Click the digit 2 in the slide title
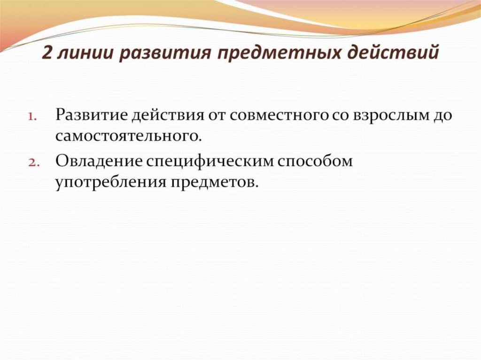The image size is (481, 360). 47,53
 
